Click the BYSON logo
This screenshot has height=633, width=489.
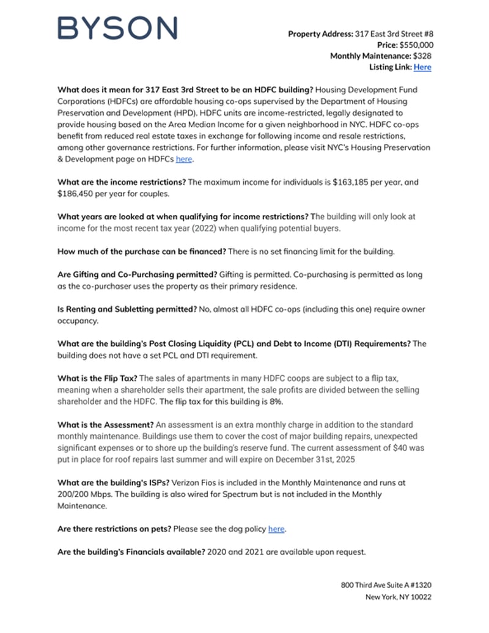(x=117, y=28)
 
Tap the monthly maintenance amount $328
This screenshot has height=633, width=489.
(x=423, y=56)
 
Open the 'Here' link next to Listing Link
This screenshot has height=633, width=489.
(x=422, y=67)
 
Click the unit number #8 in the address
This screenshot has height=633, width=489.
(x=428, y=34)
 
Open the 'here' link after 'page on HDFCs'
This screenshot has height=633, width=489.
(x=183, y=159)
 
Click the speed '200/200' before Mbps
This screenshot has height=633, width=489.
(x=72, y=494)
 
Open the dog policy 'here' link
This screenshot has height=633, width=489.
(x=276, y=529)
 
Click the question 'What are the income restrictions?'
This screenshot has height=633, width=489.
(x=122, y=182)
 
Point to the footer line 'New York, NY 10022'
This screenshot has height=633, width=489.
(x=399, y=597)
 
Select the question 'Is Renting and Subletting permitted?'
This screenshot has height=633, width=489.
(x=127, y=309)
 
